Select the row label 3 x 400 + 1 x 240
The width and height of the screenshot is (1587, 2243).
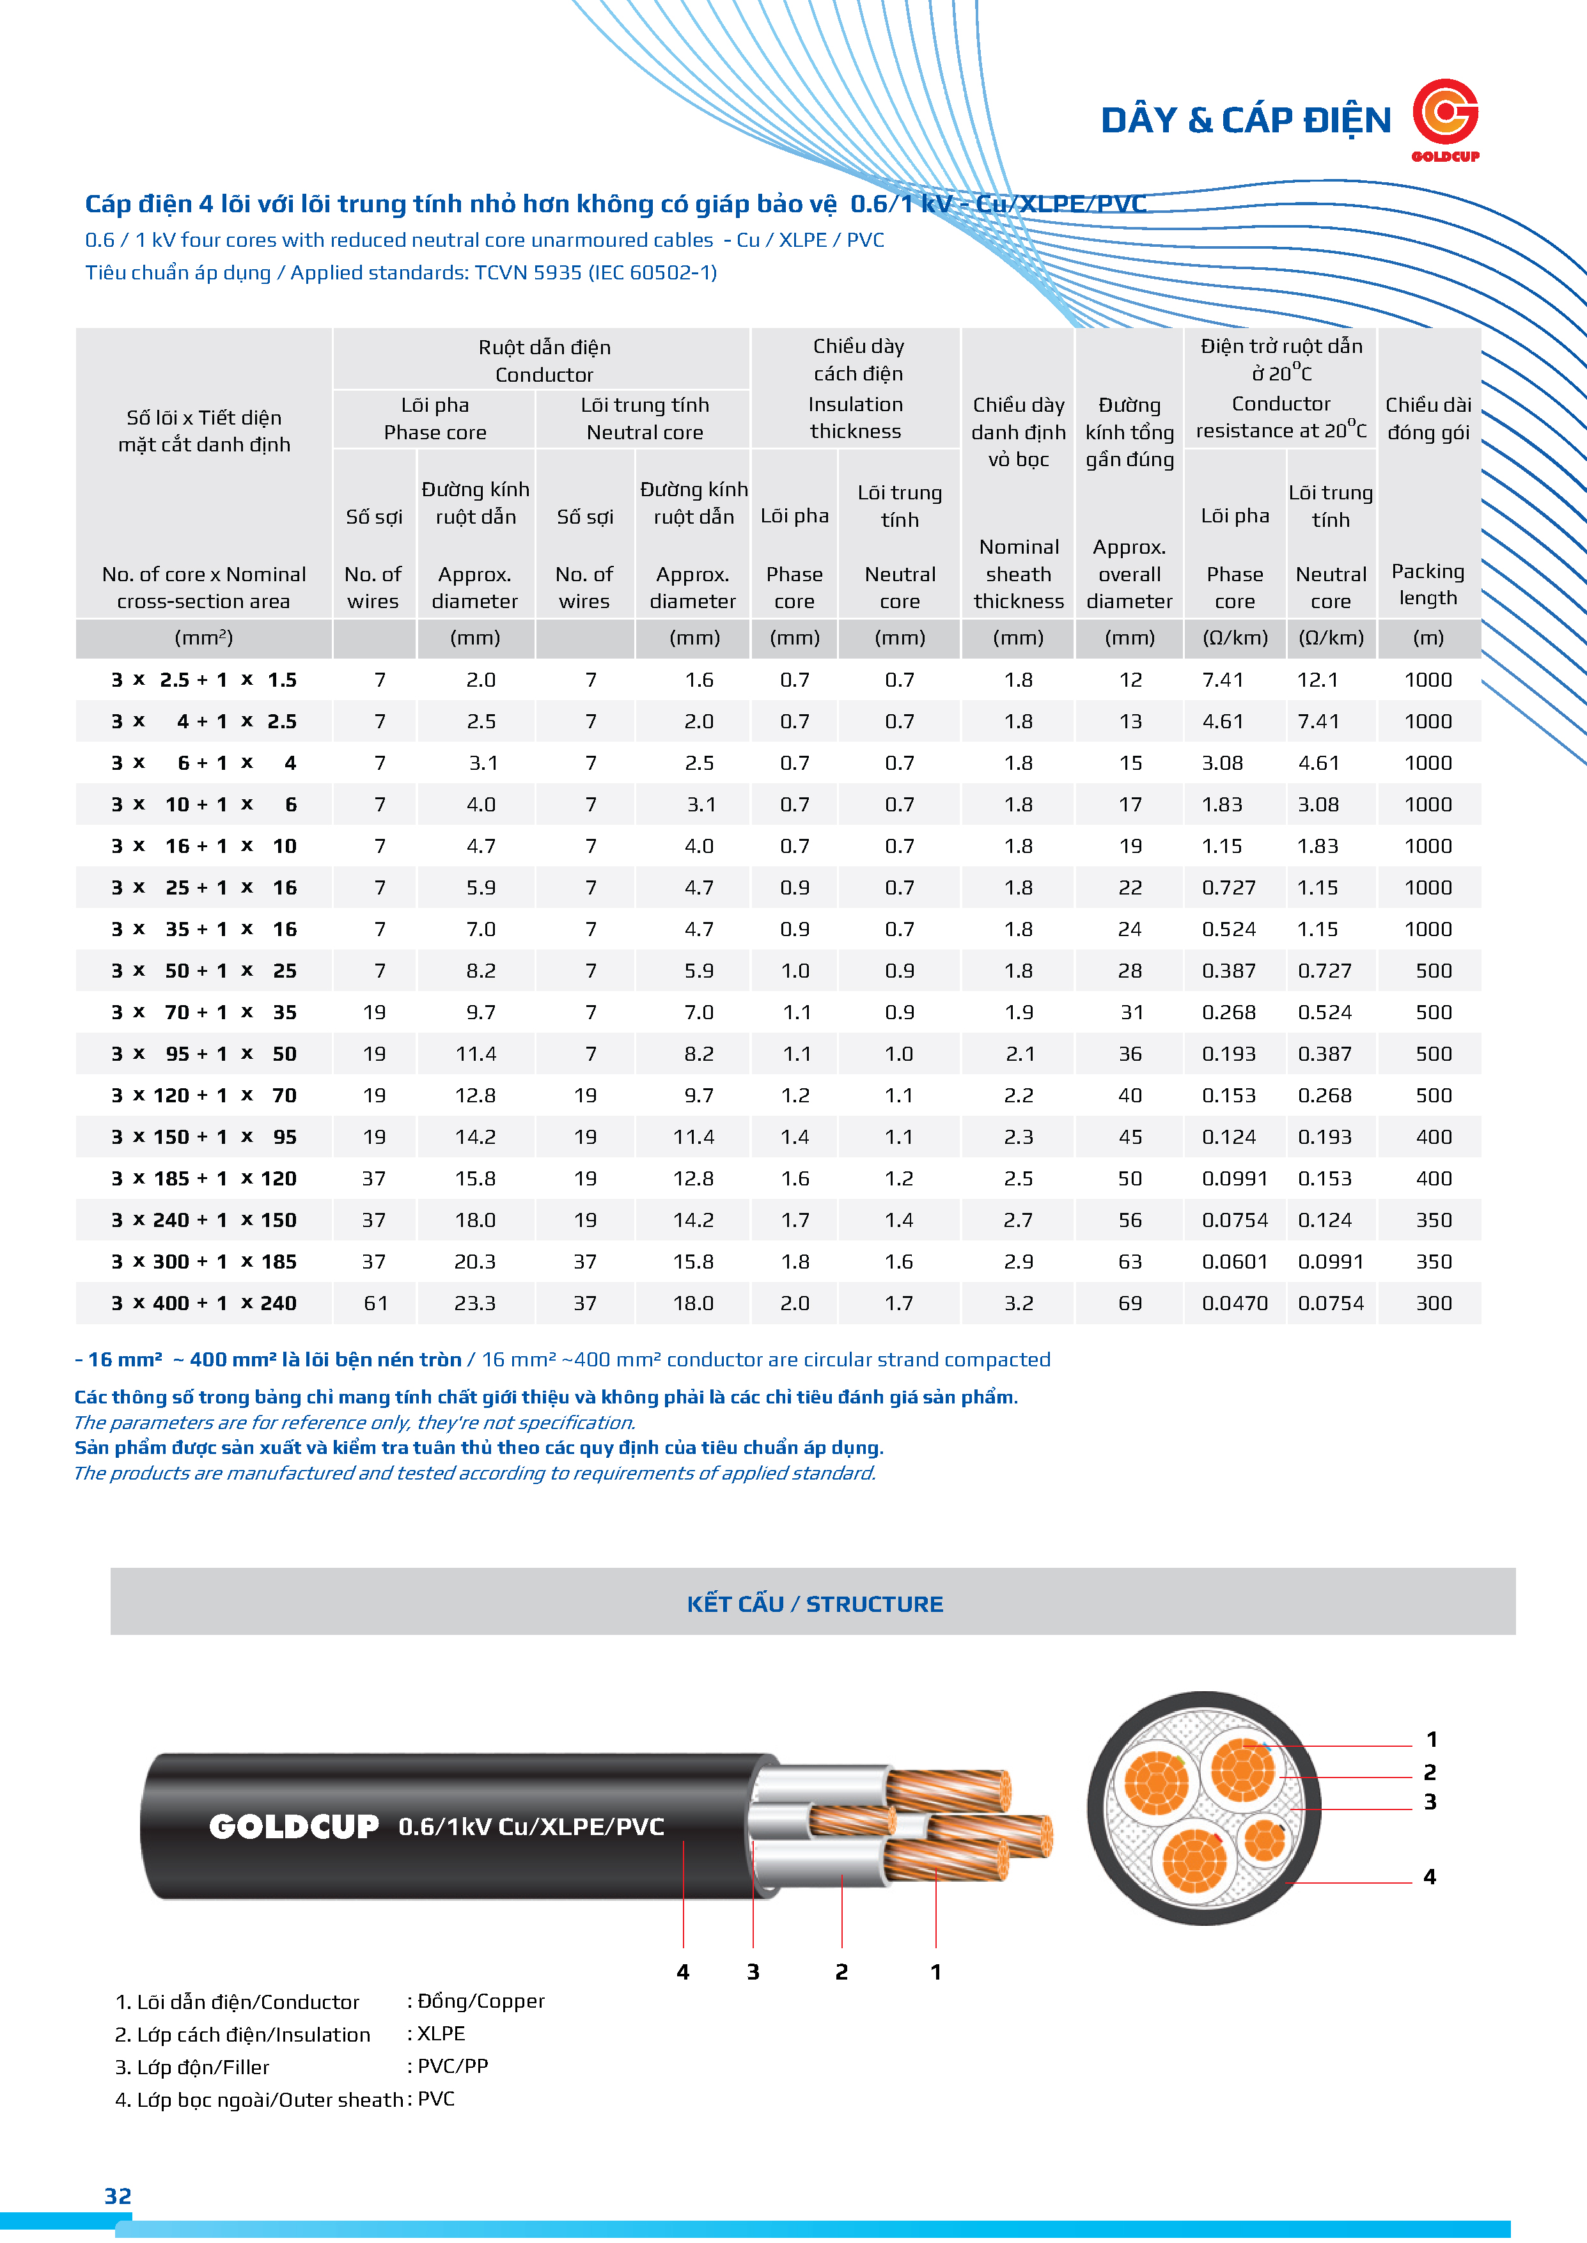coord(203,1302)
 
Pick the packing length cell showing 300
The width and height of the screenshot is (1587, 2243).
coord(1433,1302)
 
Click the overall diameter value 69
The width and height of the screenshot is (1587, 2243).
coord(1130,1302)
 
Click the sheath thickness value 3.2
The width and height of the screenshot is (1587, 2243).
coord(1019,1302)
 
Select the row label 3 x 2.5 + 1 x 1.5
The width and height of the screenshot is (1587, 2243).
coord(203,680)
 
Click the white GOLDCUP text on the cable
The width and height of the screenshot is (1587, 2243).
coord(293,1826)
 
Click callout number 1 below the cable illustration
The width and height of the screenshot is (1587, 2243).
coord(935,1971)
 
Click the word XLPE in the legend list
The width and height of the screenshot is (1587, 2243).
coord(441,2033)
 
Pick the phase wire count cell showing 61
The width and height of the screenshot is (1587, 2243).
coord(375,1302)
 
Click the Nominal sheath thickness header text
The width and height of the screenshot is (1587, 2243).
coord(1019,574)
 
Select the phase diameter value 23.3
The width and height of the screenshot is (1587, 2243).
coord(475,1302)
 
